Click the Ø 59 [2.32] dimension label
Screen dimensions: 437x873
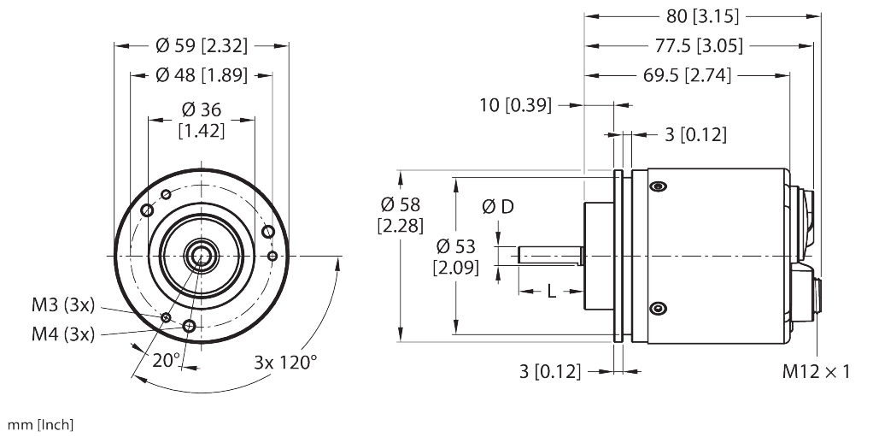tap(202, 46)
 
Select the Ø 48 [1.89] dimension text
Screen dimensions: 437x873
tap(202, 75)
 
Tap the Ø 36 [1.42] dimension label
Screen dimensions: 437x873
tap(202, 120)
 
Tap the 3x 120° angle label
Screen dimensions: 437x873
tap(284, 361)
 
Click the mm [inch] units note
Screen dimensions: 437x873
tap(40, 424)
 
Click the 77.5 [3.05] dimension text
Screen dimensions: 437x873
tap(699, 45)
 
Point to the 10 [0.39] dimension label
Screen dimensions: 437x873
tap(515, 105)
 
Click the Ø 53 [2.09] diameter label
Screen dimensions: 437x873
tap(457, 257)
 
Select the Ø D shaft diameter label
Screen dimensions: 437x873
tap(498, 207)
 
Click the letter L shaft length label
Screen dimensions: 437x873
tap(551, 292)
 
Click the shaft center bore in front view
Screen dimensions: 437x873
tap(202, 256)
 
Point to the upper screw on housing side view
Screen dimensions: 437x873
tap(657, 186)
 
